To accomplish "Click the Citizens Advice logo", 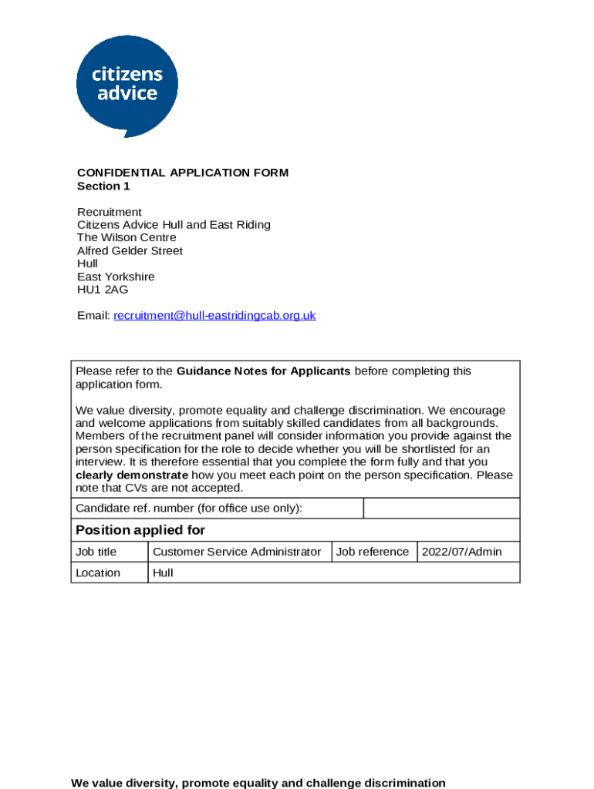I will (x=127, y=85).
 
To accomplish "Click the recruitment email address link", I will (x=214, y=316).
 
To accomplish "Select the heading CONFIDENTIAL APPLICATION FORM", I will (x=182, y=173).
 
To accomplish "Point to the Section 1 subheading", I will (x=103, y=186).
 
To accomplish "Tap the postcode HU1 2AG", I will (x=103, y=290).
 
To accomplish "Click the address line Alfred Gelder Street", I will (x=130, y=251).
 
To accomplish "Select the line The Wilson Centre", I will (x=127, y=238).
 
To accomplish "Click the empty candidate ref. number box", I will (x=441, y=509).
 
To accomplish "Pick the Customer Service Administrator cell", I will (x=237, y=552).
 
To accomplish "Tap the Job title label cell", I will (x=96, y=552).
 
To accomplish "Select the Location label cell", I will (x=98, y=572).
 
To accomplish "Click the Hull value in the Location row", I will (x=163, y=572).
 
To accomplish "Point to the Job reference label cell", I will (x=373, y=552).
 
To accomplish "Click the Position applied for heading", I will (x=140, y=530).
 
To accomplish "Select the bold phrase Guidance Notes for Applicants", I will (x=263, y=371).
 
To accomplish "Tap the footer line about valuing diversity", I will (x=258, y=783).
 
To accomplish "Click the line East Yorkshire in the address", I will (x=116, y=277).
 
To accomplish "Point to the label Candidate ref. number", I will (x=189, y=509).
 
